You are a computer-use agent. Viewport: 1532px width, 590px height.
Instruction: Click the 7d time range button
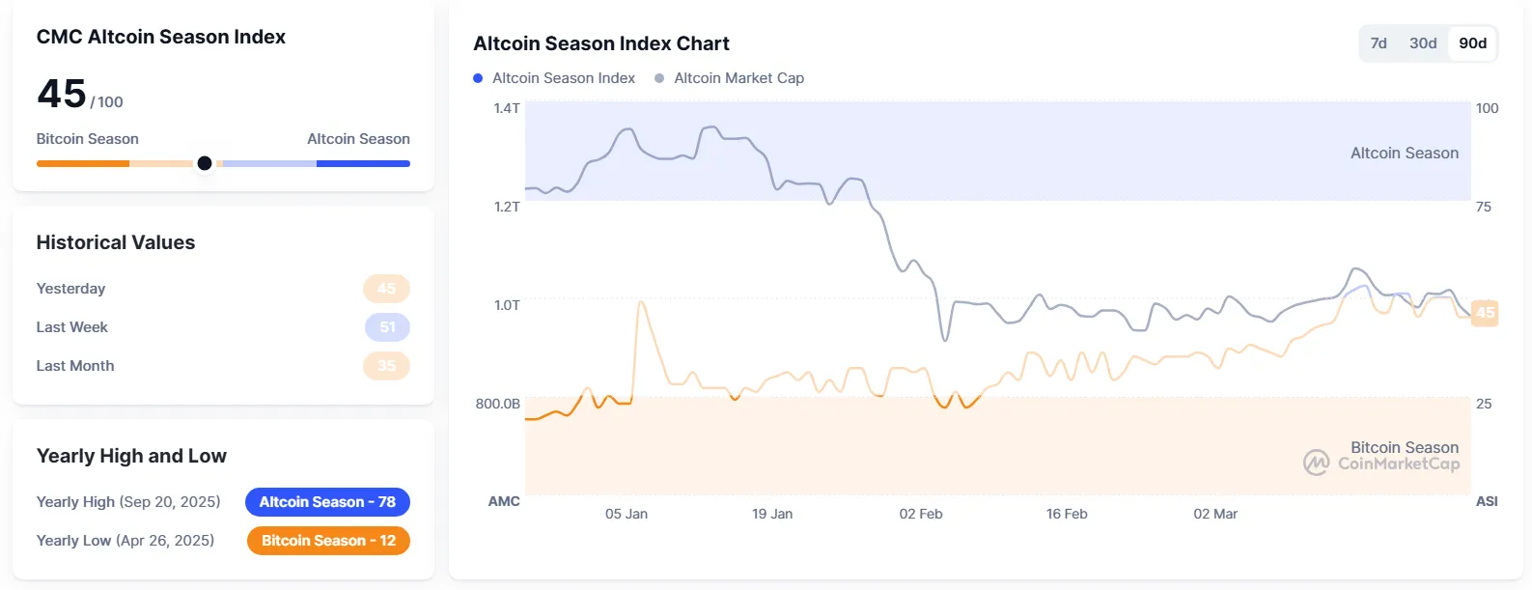click(x=1379, y=43)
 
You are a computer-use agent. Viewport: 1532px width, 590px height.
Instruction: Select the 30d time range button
click(x=1423, y=43)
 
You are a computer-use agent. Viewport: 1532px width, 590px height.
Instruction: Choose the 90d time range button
click(x=1472, y=43)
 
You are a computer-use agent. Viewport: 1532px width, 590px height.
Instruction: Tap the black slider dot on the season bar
click(x=205, y=163)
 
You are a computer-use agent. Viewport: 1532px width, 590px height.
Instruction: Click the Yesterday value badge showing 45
click(x=386, y=289)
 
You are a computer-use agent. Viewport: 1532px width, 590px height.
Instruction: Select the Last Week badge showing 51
click(x=387, y=327)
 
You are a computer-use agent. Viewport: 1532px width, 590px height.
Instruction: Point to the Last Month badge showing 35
click(x=386, y=366)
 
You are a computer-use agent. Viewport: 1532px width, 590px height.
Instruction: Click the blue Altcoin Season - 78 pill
click(x=327, y=502)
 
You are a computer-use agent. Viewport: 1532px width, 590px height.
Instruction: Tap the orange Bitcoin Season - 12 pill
click(x=328, y=541)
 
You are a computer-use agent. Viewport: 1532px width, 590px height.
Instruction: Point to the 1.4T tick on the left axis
click(x=507, y=108)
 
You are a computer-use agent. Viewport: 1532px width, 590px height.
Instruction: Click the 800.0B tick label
click(x=497, y=404)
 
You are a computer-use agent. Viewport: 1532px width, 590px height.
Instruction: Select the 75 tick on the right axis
click(x=1484, y=207)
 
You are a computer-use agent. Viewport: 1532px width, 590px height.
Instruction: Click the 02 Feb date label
click(x=921, y=514)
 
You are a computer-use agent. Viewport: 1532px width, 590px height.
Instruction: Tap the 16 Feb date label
click(x=1067, y=514)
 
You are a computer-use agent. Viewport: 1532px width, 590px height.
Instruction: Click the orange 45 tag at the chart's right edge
click(x=1485, y=312)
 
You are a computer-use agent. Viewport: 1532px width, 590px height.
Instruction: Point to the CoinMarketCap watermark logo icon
click(x=1316, y=463)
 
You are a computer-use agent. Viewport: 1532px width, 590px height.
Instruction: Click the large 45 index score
click(x=62, y=94)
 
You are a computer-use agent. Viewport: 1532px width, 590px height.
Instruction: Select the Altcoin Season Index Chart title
click(x=601, y=43)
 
